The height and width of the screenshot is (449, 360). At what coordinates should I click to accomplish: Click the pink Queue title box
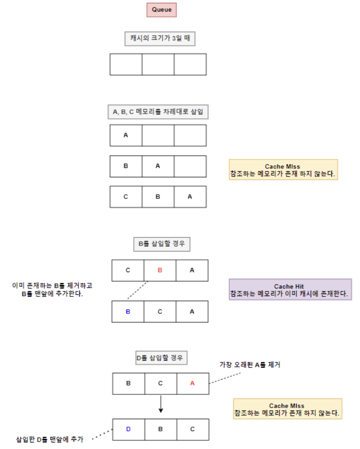162,10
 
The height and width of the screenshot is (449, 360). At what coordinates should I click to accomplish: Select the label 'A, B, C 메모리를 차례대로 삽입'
158,112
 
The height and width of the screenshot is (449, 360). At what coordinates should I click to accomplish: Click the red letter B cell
160,270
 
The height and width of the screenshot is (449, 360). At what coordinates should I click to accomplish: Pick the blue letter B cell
128,312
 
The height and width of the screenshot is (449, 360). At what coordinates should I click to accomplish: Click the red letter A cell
193,383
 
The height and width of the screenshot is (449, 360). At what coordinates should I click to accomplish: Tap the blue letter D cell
129,429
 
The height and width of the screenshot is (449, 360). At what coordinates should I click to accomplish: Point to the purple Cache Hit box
290,289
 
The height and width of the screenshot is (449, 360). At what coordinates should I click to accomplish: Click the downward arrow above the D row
161,404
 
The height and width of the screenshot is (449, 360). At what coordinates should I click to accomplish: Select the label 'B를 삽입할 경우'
162,244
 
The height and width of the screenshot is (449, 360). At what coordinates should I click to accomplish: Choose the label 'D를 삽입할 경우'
161,358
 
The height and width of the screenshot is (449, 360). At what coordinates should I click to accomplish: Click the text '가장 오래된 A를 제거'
250,365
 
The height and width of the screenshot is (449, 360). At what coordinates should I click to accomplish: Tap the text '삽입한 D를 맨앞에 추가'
50,439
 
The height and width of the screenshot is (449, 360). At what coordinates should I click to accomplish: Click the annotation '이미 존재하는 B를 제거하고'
52,286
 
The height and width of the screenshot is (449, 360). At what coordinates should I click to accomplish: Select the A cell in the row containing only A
126,136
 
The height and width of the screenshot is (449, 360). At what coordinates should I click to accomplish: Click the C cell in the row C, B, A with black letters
126,197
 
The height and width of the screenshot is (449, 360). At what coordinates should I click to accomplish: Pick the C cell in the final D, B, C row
193,429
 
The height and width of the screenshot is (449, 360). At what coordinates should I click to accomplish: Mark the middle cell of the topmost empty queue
158,64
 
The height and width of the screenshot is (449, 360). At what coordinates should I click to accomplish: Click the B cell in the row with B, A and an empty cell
126,166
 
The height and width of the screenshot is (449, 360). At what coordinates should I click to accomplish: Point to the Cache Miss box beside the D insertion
288,409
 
